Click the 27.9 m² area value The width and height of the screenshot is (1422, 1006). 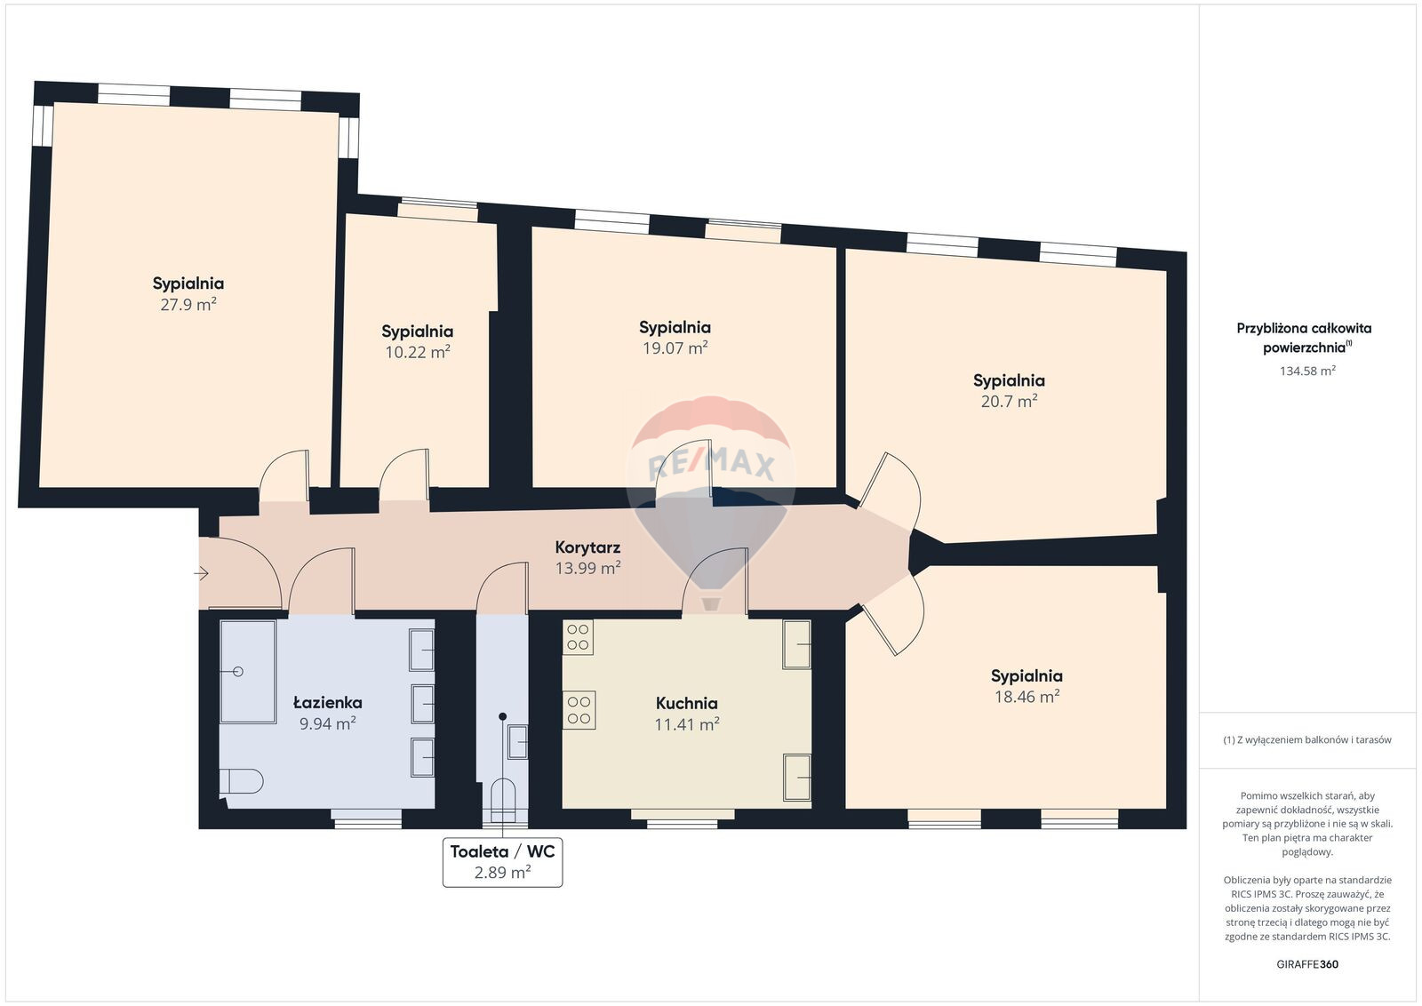(188, 305)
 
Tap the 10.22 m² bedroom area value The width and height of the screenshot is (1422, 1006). (418, 352)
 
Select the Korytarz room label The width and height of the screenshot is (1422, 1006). (587, 547)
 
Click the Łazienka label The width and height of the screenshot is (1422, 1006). (328, 703)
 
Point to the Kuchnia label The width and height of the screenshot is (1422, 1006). (687, 703)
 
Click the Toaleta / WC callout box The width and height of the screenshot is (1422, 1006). (502, 863)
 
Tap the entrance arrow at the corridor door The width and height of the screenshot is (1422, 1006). (201, 574)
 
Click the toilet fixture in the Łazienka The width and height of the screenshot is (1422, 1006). (241, 781)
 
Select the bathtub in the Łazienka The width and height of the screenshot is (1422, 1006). (248, 672)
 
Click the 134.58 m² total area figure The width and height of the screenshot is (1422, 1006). (1307, 371)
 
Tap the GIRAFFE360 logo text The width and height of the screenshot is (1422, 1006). (1307, 964)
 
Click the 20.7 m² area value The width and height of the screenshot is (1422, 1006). (1009, 402)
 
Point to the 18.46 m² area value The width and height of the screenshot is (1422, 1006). (1027, 697)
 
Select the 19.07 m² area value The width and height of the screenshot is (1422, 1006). (675, 348)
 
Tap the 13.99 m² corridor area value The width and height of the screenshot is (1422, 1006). (587, 568)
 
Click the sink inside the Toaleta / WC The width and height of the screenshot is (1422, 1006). (518, 741)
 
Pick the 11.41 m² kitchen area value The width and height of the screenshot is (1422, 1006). (687, 724)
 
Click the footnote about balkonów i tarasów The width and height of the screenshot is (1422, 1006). (1307, 739)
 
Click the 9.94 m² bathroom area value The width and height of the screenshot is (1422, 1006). (328, 723)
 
